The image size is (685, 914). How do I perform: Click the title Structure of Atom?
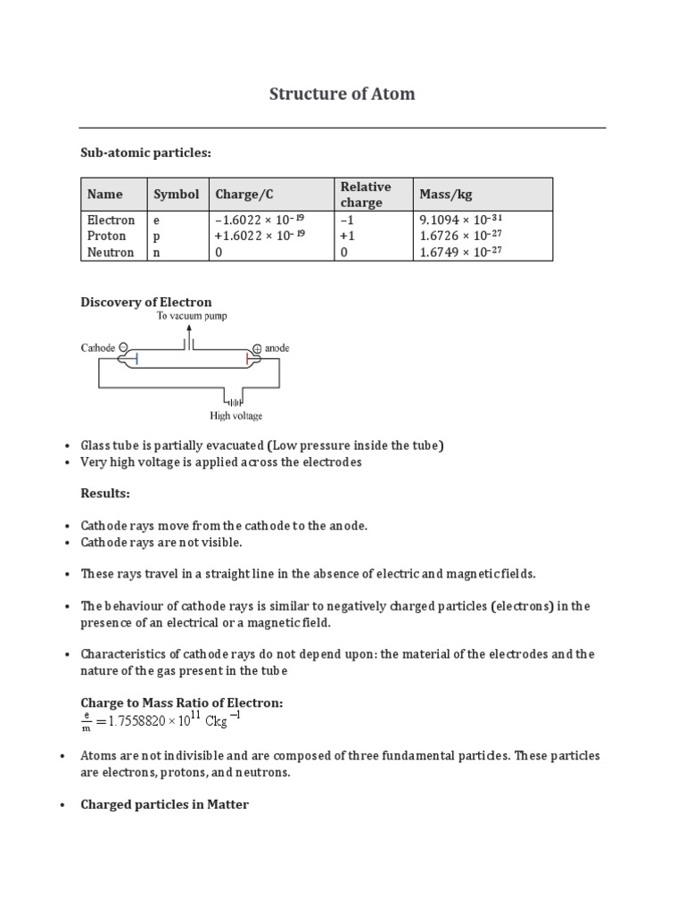click(342, 94)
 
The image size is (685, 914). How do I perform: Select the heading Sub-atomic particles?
click(146, 154)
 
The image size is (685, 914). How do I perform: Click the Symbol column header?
click(177, 194)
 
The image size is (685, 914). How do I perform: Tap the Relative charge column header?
click(365, 194)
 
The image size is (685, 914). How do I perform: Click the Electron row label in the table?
click(111, 220)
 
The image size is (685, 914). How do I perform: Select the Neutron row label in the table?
click(111, 252)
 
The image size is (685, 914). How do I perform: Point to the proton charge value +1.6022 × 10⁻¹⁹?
click(260, 236)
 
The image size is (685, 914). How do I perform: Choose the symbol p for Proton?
click(157, 236)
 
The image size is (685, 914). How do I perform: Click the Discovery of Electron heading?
click(146, 302)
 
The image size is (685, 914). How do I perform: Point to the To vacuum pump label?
click(193, 317)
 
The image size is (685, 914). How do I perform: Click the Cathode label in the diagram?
click(98, 348)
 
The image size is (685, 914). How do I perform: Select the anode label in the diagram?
click(277, 348)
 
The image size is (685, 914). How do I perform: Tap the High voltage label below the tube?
click(235, 415)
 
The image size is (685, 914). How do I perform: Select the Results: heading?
click(105, 493)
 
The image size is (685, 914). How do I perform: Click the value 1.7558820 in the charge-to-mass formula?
click(141, 720)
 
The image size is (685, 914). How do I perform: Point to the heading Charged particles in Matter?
click(164, 804)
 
